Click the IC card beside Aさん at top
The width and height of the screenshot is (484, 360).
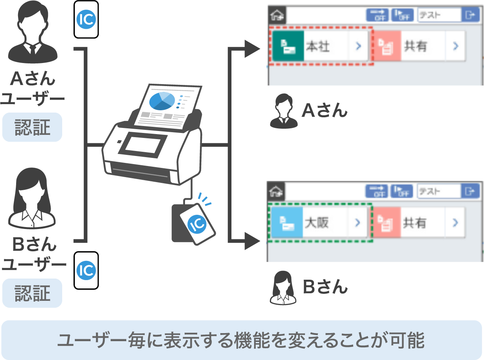pos(86,20)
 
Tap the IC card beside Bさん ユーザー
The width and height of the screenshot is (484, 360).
pos(86,270)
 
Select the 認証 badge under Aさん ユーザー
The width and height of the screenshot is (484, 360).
pos(32,127)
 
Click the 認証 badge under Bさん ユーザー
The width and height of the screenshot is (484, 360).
pos(32,293)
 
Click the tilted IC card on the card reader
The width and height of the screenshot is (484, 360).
pos(198,224)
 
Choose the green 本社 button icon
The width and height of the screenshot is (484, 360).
pos(288,46)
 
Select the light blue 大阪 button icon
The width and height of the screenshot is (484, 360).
pos(286,222)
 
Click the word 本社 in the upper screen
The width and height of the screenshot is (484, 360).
pos(318,46)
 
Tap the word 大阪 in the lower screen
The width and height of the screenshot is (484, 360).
pos(317,222)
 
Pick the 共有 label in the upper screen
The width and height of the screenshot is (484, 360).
pos(416,46)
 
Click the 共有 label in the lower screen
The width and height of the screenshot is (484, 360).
pos(415,222)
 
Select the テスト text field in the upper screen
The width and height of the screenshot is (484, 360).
pos(439,15)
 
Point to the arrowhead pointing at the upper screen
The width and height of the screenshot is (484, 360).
pos(253,49)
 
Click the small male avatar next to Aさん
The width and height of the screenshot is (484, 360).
pos(284,112)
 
